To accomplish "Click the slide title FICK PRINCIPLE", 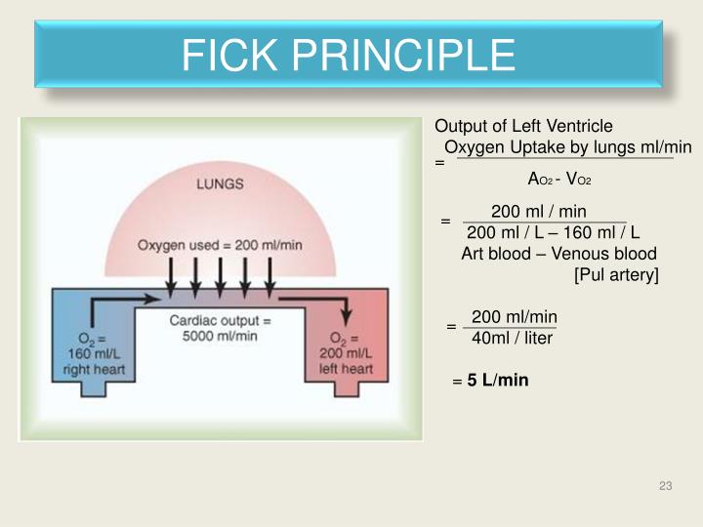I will tap(349, 55).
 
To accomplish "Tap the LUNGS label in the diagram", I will tap(221, 182).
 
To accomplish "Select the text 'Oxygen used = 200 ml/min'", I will tap(220, 245).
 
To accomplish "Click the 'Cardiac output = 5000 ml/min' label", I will tap(220, 329).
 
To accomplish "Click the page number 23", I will tap(666, 487).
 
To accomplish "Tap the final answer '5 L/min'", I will tap(497, 380).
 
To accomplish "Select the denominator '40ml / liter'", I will tap(512, 338).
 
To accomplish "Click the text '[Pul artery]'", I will tap(616, 275).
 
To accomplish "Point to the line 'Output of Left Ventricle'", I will tap(523, 126).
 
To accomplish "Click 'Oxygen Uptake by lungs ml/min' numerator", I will tap(567, 147).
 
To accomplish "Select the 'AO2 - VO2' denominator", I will tap(559, 180).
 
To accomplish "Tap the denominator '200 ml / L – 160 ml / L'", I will tap(553, 232).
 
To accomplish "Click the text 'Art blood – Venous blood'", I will tap(558, 254).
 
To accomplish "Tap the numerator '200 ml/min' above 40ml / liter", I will tap(514, 316).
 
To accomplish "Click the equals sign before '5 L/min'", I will tap(456, 382).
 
